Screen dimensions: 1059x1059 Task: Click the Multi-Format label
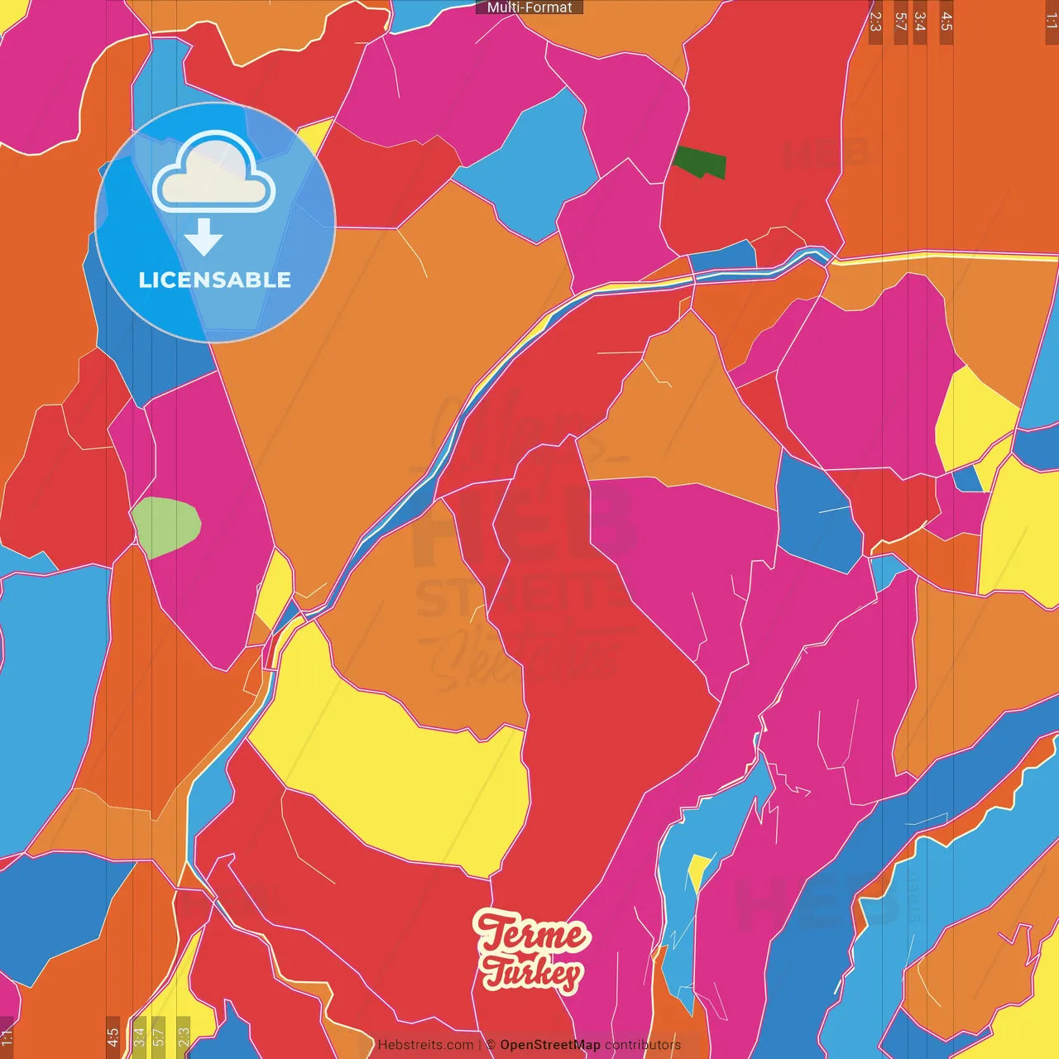(x=529, y=7)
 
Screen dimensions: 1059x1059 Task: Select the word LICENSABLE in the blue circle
(x=214, y=280)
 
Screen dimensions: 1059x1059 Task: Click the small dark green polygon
(x=700, y=163)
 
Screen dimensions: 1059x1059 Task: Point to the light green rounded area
(x=166, y=526)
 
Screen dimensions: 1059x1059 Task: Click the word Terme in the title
(x=532, y=933)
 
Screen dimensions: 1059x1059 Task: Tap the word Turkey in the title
(x=532, y=973)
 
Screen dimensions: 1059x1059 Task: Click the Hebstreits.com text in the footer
(x=425, y=1045)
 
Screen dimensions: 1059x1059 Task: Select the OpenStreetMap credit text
(x=549, y=1045)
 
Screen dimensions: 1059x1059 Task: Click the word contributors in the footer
(x=642, y=1045)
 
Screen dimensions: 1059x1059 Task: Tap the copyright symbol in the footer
(x=491, y=1045)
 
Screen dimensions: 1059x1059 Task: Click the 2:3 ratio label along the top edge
(x=875, y=22)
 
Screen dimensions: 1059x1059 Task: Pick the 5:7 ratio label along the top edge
(x=900, y=22)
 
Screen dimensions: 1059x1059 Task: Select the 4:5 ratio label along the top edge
(x=946, y=22)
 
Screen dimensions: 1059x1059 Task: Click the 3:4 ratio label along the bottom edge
(x=139, y=1036)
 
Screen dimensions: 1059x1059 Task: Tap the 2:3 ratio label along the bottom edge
(x=184, y=1036)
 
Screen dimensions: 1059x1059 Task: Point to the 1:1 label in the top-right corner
(x=1051, y=22)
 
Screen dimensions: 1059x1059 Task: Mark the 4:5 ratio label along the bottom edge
(x=113, y=1036)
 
